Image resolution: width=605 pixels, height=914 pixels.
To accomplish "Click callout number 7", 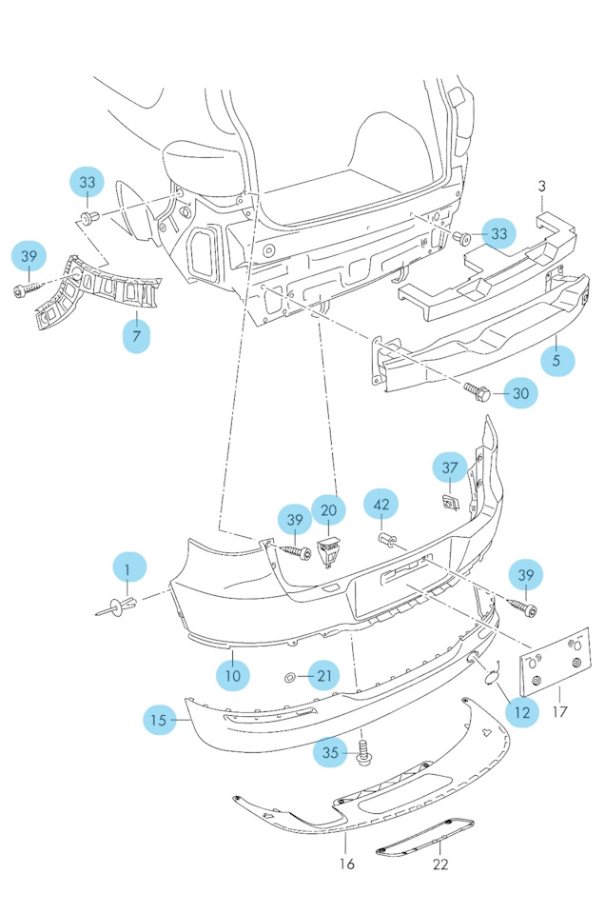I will tap(136, 336).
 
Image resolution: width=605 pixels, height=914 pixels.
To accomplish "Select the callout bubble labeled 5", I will tap(557, 361).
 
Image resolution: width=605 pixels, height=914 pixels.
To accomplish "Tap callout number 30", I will tap(519, 391).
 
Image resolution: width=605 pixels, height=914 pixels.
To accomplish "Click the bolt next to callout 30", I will tap(477, 388).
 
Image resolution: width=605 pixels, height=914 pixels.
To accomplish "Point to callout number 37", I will tap(450, 467).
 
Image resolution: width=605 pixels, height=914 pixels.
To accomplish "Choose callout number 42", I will tap(381, 506).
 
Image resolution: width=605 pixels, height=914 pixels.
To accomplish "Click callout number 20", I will tap(328, 511).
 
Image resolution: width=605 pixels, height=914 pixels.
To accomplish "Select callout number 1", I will tap(127, 569).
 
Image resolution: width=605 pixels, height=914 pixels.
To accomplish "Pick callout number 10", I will tap(232, 675).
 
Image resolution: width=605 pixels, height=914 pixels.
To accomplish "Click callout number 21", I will tap(325, 677).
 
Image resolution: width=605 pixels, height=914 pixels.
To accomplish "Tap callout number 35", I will tap(330, 753).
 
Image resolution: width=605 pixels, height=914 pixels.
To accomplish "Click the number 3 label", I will tap(542, 185).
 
